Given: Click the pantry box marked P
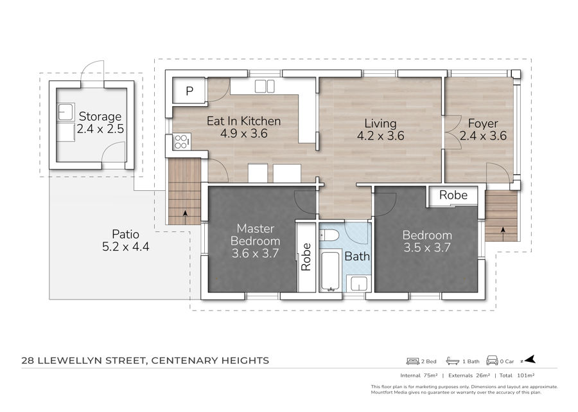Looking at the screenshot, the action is coord(189,91).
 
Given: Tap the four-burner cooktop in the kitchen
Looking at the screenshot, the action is coord(181,141).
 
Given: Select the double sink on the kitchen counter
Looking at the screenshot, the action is coord(265,86).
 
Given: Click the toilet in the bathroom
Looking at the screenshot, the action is coord(329,235).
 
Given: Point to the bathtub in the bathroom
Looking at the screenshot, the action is coord(330,271).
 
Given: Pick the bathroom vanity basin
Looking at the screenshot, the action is coord(358,283).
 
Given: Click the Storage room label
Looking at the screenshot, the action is coord(100,116).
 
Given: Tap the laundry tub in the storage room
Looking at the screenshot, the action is coord(66,112).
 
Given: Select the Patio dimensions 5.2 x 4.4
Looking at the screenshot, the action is coord(126,246).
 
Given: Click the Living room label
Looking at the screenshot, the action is coord(380,123).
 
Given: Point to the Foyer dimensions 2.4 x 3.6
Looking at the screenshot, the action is coord(483,136).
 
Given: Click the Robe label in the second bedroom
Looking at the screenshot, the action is coord(453,195).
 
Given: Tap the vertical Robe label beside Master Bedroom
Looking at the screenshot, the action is coord(306,257).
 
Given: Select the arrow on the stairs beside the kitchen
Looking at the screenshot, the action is coord(185,217).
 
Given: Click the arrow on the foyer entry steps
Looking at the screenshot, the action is coord(503,234).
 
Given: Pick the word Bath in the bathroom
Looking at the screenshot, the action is coord(357,256).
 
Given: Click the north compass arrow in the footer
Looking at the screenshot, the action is coord(529,360).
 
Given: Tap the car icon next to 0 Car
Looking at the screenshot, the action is coord(492,361).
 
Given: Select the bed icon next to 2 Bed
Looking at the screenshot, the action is coord(413,361).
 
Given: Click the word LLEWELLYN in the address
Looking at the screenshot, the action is coord(70,361).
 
